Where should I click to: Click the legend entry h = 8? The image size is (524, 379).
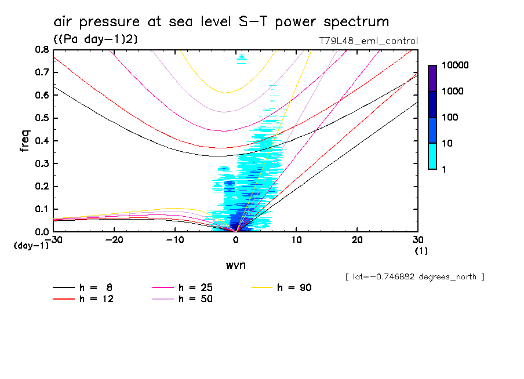(x=83, y=287)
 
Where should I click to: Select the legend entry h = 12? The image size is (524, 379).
(x=83, y=299)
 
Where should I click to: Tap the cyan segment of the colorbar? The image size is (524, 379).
(x=432, y=156)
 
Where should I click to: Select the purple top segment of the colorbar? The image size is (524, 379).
(x=432, y=78)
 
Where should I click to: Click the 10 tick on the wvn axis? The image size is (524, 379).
(x=297, y=239)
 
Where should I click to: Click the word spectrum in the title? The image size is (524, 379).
(x=349, y=22)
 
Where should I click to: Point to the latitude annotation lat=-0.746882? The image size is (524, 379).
(x=414, y=277)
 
